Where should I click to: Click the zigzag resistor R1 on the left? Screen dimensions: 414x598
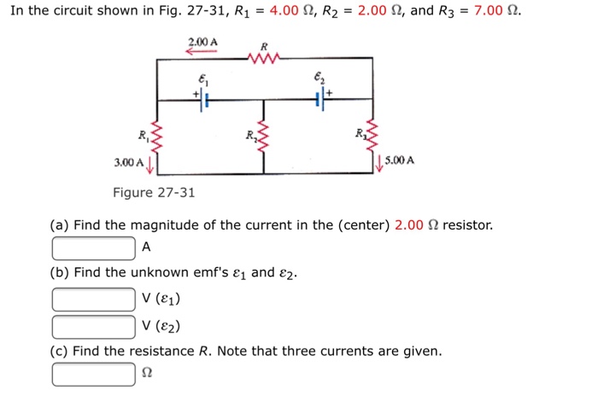point(155,134)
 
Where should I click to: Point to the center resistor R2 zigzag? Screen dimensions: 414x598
point(262,134)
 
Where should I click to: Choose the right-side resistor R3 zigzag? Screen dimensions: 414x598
point(372,134)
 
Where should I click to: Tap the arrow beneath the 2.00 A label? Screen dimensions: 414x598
point(202,50)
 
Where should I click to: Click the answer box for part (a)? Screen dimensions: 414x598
point(93,248)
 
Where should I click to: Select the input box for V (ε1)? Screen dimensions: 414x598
point(93,300)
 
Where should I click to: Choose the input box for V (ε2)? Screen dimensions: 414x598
point(93,326)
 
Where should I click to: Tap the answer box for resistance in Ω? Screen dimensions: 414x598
point(93,375)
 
